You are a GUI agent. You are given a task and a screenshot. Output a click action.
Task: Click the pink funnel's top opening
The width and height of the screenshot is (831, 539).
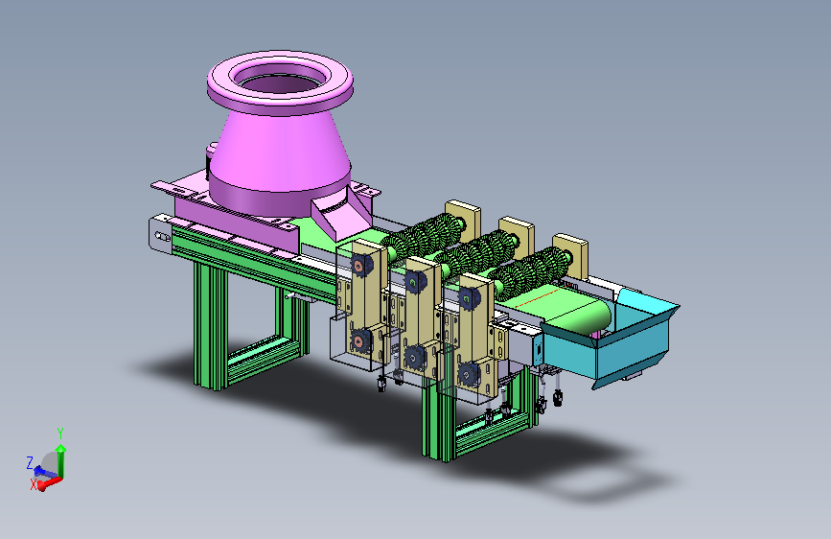pyautogui.click(x=280, y=80)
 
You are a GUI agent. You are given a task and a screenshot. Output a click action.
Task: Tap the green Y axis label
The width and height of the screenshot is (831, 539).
pyautogui.click(x=60, y=434)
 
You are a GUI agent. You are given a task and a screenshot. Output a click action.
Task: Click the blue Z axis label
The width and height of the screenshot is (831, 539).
pyautogui.click(x=30, y=462)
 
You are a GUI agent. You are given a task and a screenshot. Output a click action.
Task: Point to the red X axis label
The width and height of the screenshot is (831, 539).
pyautogui.click(x=34, y=484)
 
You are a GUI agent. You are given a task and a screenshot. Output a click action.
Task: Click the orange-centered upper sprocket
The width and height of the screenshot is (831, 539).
pyautogui.click(x=361, y=264)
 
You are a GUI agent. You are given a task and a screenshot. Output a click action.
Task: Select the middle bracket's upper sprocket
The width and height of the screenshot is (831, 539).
pyautogui.click(x=416, y=282)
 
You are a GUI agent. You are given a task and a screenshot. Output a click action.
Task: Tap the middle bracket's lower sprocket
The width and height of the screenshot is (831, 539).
pyautogui.click(x=414, y=358)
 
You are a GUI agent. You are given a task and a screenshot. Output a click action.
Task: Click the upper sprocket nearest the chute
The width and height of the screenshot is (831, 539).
pyautogui.click(x=469, y=298)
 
